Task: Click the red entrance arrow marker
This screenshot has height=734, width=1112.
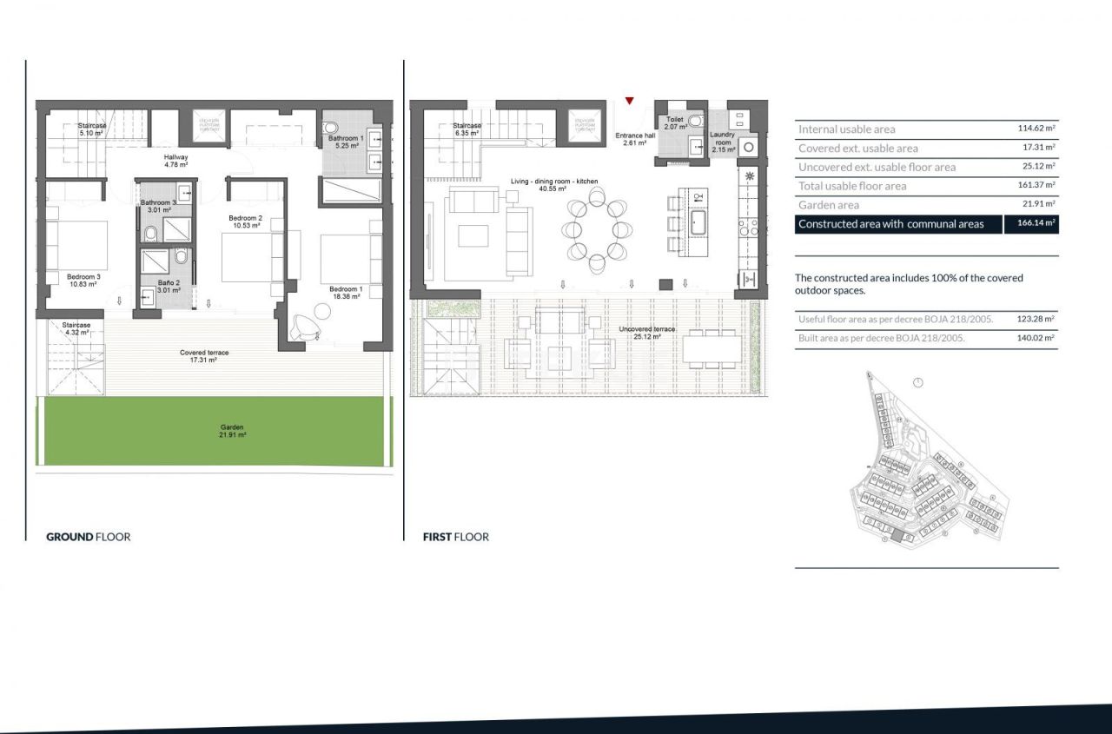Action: click(x=629, y=101)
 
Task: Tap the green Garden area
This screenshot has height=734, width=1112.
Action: click(x=215, y=431)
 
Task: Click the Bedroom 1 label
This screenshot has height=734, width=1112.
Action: click(x=346, y=293)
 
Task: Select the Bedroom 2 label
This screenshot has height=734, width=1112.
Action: click(x=245, y=222)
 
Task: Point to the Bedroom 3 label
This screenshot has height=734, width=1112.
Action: click(x=84, y=281)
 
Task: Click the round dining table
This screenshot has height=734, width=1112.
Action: click(x=596, y=230)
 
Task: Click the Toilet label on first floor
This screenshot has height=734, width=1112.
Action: click(x=675, y=122)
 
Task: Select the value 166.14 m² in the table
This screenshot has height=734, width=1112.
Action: click(x=1031, y=224)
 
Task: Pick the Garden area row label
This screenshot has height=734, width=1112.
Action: click(x=829, y=205)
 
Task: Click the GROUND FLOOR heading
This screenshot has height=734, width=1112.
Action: click(x=88, y=537)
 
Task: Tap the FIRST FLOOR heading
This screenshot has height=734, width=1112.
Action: click(x=455, y=537)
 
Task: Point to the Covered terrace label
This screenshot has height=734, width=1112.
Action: click(x=204, y=356)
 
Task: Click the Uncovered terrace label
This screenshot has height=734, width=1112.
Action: click(x=647, y=333)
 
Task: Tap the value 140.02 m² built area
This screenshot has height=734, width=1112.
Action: click(x=1036, y=339)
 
